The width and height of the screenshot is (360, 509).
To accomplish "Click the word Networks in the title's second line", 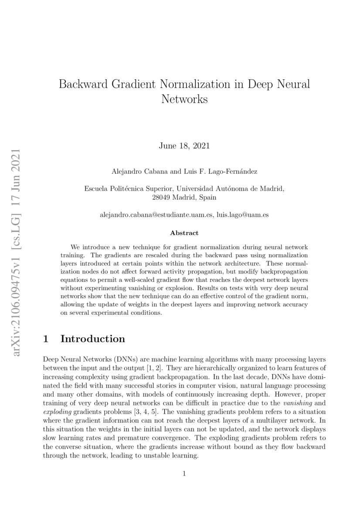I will pos(184,99).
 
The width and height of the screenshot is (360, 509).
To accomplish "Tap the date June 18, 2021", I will pos(184,145).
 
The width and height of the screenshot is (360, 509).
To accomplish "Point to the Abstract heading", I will pos(184,233).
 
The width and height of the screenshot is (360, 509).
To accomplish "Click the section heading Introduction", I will pos(93,339).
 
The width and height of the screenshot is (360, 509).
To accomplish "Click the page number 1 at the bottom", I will pos(184,474).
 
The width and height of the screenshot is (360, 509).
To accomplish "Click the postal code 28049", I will pos(164,197).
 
